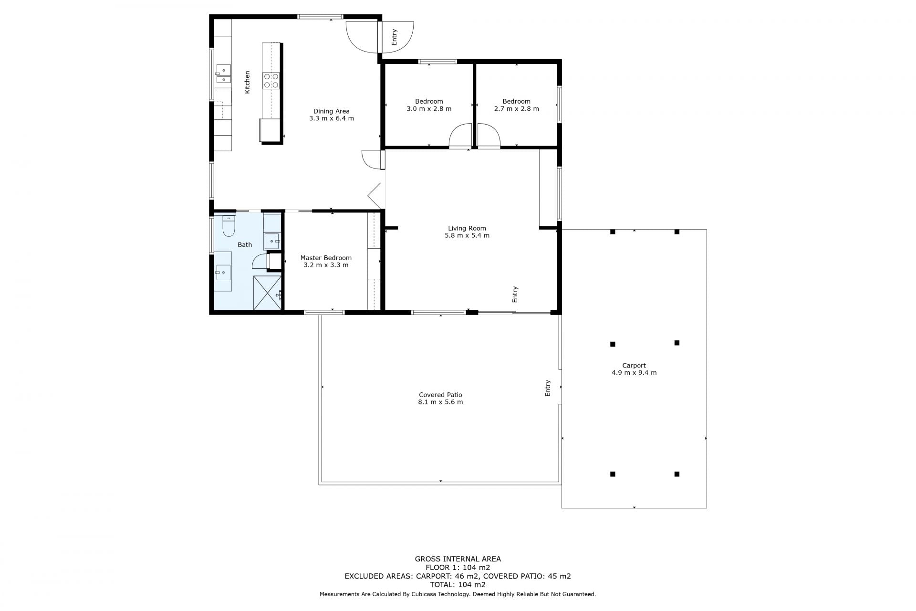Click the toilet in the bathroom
(229, 226)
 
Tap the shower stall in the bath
(268, 293)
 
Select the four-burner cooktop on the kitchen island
(271, 81)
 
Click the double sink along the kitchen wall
(223, 74)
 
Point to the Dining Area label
(331, 111)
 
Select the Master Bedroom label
(326, 258)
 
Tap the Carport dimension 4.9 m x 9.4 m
(634, 373)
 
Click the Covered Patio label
(440, 395)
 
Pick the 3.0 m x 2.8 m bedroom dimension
(429, 109)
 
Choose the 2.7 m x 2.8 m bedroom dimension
(517, 109)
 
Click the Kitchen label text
(247, 82)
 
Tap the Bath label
(245, 245)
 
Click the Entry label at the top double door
(394, 37)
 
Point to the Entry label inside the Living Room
(515, 294)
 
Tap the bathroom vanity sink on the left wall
(223, 273)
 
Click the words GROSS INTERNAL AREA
(458, 559)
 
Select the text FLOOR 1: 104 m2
(458, 568)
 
